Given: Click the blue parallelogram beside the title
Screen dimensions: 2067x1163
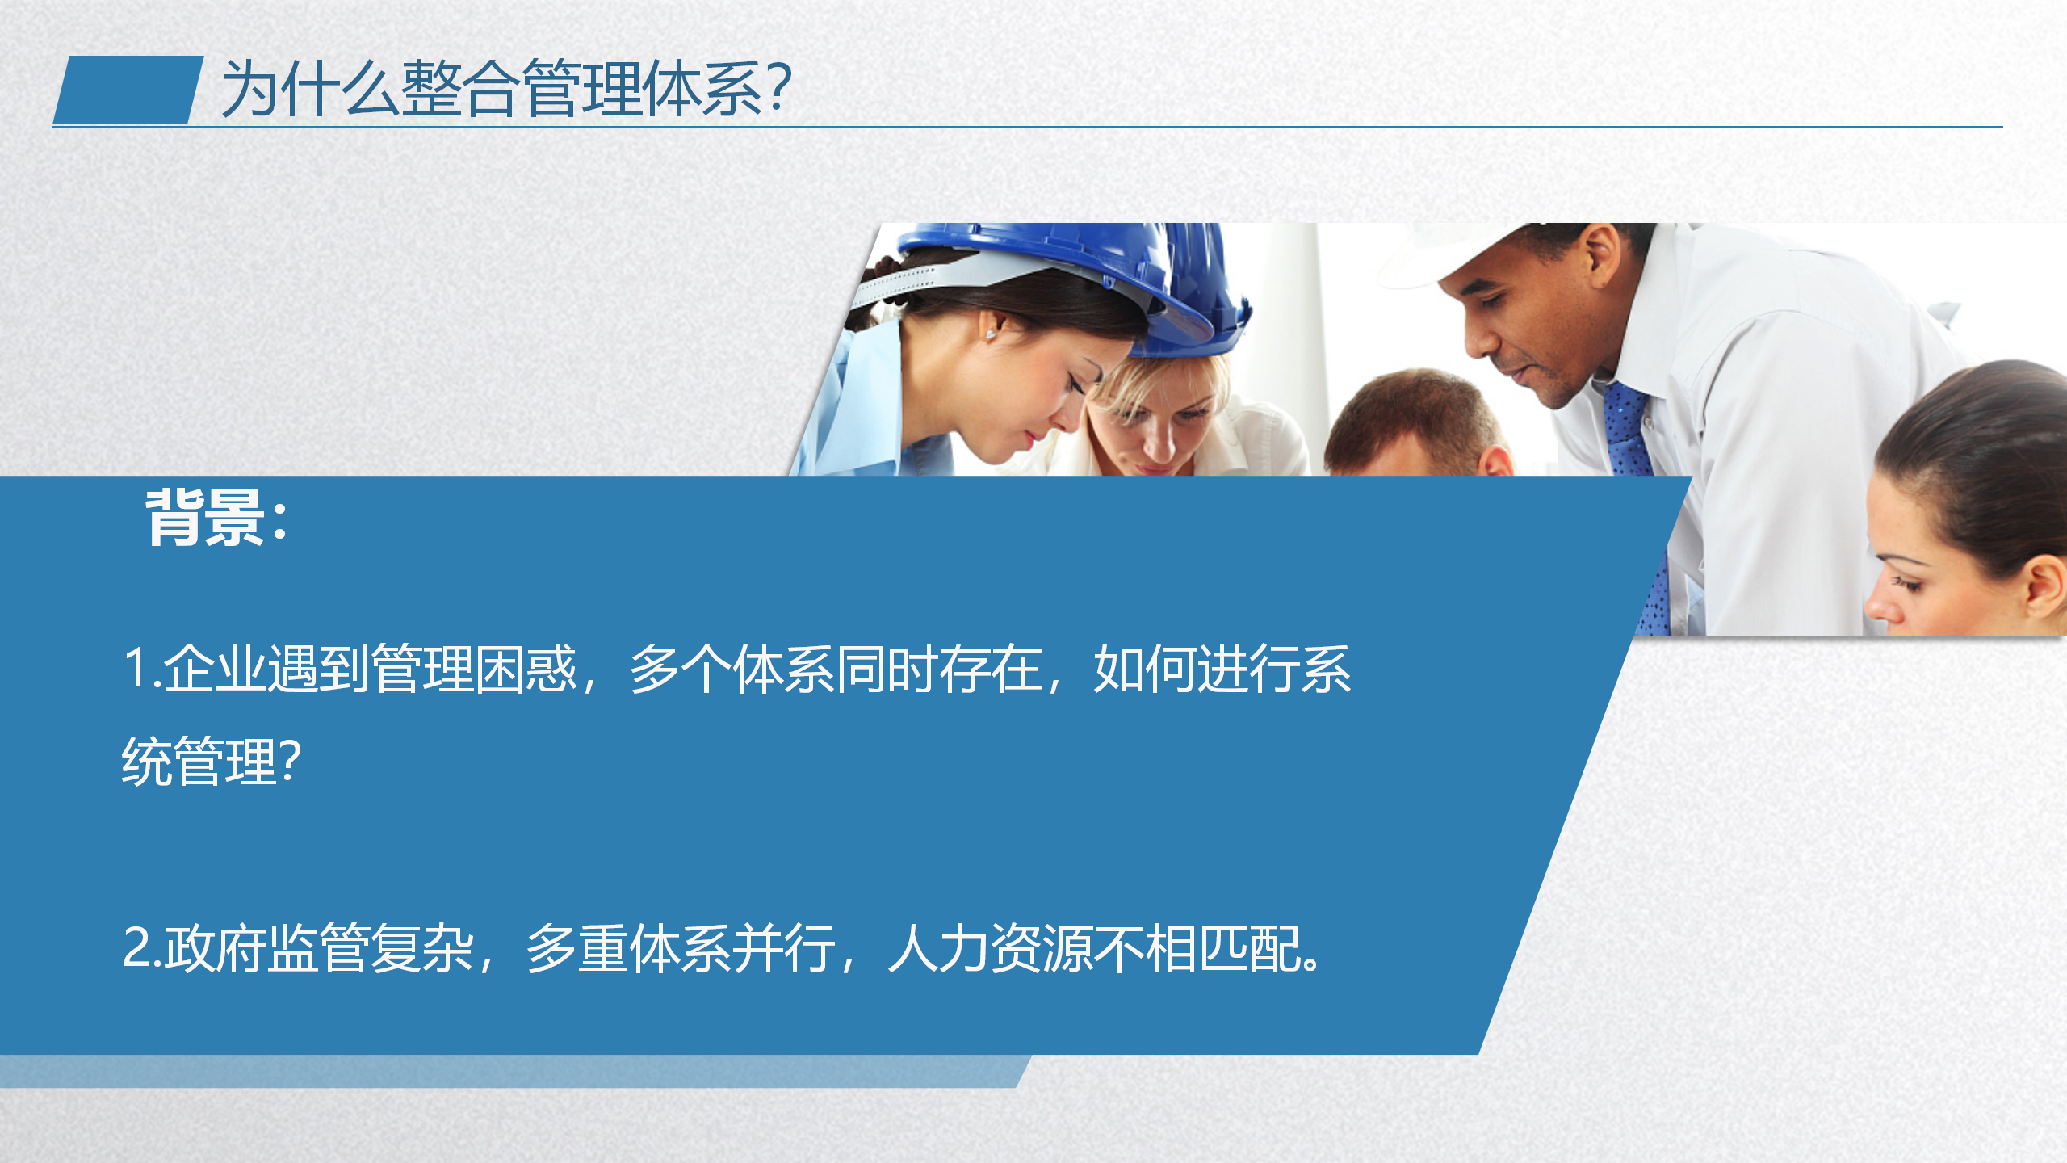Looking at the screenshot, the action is pyautogui.click(x=128, y=90).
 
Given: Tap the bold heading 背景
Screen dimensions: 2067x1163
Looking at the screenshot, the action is pyautogui.click(x=205, y=518).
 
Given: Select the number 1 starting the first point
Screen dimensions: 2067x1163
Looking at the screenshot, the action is pyautogui.click(x=137, y=669).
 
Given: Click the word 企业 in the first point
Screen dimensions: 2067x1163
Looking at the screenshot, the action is pyautogui.click(x=214, y=669).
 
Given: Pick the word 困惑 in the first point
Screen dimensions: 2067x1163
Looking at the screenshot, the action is pyautogui.click(x=526, y=669).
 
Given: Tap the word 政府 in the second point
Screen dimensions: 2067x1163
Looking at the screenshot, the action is pyautogui.click(x=216, y=947).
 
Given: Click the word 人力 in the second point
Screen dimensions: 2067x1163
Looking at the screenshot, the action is pyautogui.click(x=938, y=947).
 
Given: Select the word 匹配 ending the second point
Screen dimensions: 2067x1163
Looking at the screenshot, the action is pyautogui.click(x=1248, y=947).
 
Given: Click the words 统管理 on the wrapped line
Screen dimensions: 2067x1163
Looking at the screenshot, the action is pyautogui.click(x=199, y=761).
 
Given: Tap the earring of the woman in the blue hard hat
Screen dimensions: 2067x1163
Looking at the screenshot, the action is pyautogui.click(x=991, y=334).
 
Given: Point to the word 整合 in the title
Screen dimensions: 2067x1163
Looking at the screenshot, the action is pyautogui.click(x=459, y=88).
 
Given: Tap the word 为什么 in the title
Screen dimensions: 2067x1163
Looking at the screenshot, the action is pyautogui.click(x=310, y=88).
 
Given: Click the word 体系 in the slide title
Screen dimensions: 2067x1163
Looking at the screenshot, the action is pyautogui.click(x=702, y=88).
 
